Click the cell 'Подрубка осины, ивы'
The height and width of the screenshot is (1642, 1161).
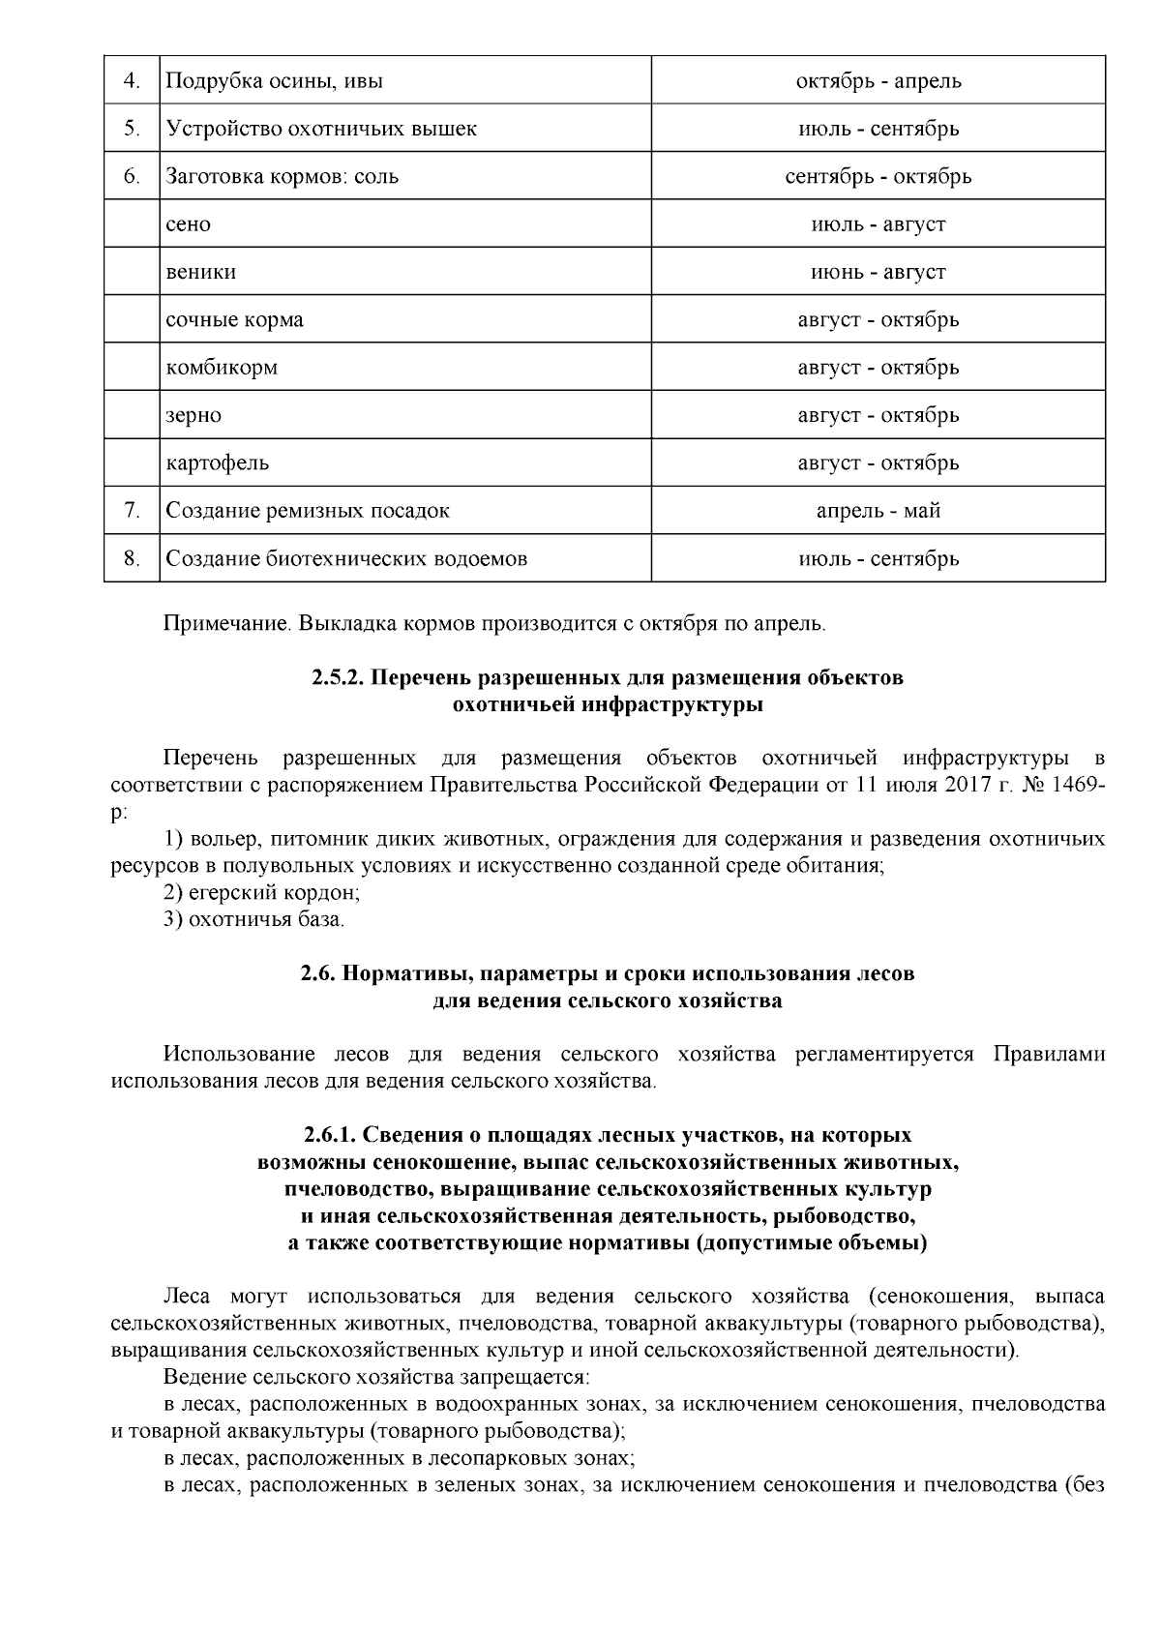275,80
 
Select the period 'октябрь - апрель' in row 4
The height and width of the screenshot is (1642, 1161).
878,80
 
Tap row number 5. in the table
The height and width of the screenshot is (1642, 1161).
132,128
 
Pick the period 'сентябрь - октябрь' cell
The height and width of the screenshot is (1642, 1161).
878,176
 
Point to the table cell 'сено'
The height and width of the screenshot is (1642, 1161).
189,224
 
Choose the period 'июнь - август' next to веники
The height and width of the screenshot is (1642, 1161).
878,272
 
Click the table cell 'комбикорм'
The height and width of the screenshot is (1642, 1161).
222,368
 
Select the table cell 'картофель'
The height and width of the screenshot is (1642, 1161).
218,463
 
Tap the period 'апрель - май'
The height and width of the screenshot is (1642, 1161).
878,510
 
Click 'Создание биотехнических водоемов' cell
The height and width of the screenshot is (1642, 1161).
346,558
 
